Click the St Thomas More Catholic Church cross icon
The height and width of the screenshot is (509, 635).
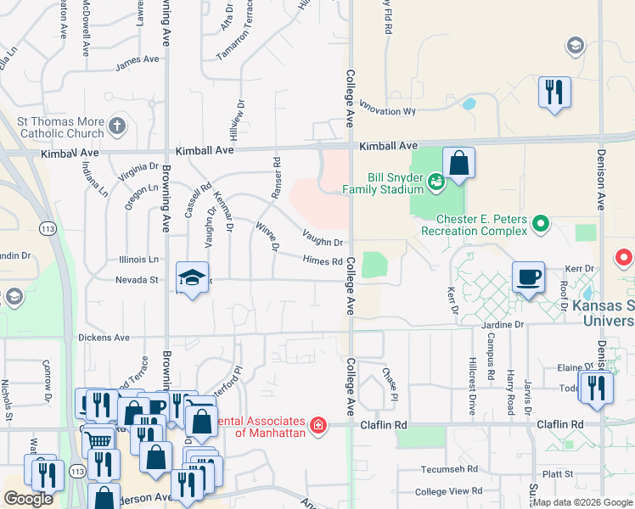(x=117, y=127)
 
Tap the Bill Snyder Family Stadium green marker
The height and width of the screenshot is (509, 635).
(x=436, y=180)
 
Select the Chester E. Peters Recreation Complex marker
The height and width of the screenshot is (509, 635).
(x=540, y=225)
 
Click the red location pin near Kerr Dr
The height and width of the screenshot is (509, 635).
(x=624, y=257)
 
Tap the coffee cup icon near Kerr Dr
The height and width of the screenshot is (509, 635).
(x=528, y=276)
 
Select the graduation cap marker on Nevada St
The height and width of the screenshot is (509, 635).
(x=193, y=277)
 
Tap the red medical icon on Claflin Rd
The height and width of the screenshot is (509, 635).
(x=318, y=424)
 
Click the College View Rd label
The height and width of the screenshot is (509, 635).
(x=449, y=491)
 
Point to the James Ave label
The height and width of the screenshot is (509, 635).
(x=138, y=60)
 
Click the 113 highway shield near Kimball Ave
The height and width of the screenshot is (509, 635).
(x=48, y=228)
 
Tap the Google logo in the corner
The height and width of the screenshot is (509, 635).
(x=28, y=499)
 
